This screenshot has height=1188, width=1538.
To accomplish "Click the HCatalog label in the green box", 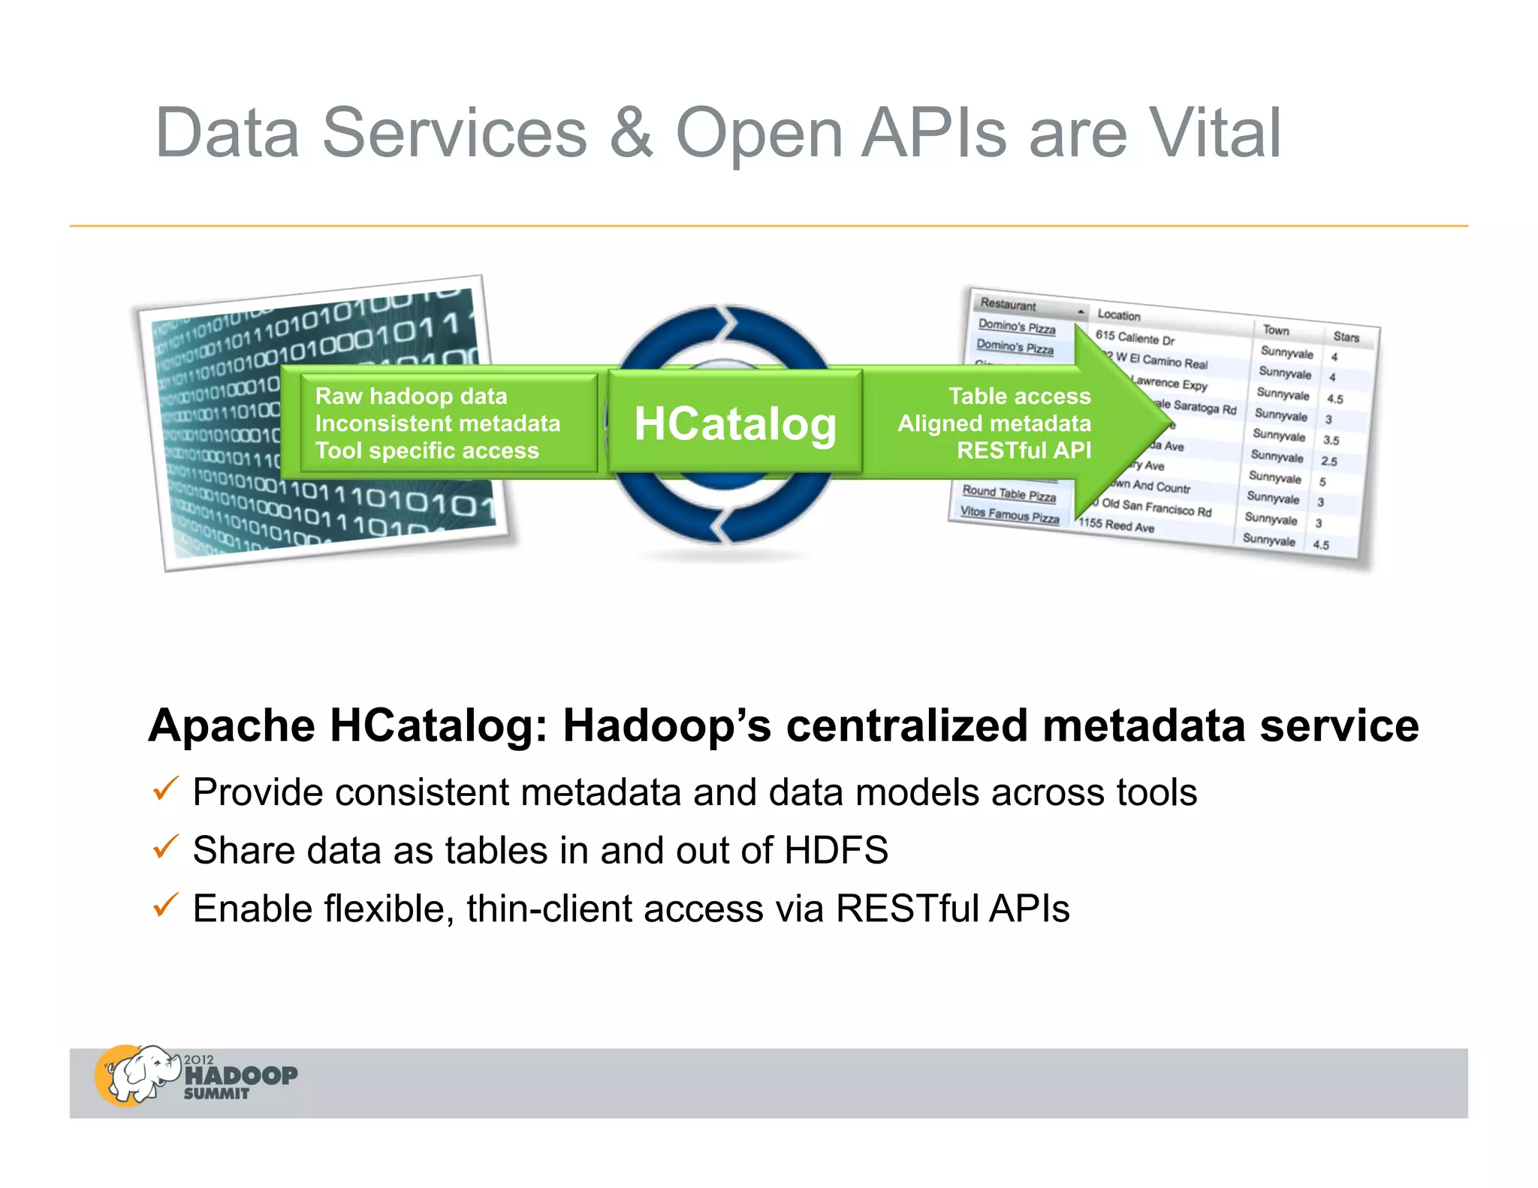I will (x=734, y=424).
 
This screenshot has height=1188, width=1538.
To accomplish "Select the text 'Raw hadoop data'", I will (x=411, y=396).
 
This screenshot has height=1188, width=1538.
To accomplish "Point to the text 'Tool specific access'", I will (x=427, y=451).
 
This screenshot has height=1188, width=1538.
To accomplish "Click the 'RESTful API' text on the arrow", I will (x=1023, y=450).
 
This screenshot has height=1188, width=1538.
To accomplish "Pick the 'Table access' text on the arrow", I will (x=1019, y=396).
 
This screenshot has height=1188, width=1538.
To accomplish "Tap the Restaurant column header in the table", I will (x=1008, y=305).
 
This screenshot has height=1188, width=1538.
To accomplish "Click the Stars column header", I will (x=1346, y=337).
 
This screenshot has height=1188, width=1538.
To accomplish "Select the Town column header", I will (x=1275, y=330).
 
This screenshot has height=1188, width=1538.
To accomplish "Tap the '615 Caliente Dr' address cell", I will (x=1134, y=338).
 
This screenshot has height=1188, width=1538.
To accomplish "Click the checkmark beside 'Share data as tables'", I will (x=164, y=847).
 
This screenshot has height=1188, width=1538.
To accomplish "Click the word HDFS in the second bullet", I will (x=836, y=851).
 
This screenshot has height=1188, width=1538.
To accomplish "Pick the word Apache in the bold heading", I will (x=231, y=726).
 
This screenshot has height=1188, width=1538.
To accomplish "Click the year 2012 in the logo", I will (x=199, y=1060).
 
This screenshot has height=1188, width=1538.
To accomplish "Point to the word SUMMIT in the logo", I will (x=216, y=1094).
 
